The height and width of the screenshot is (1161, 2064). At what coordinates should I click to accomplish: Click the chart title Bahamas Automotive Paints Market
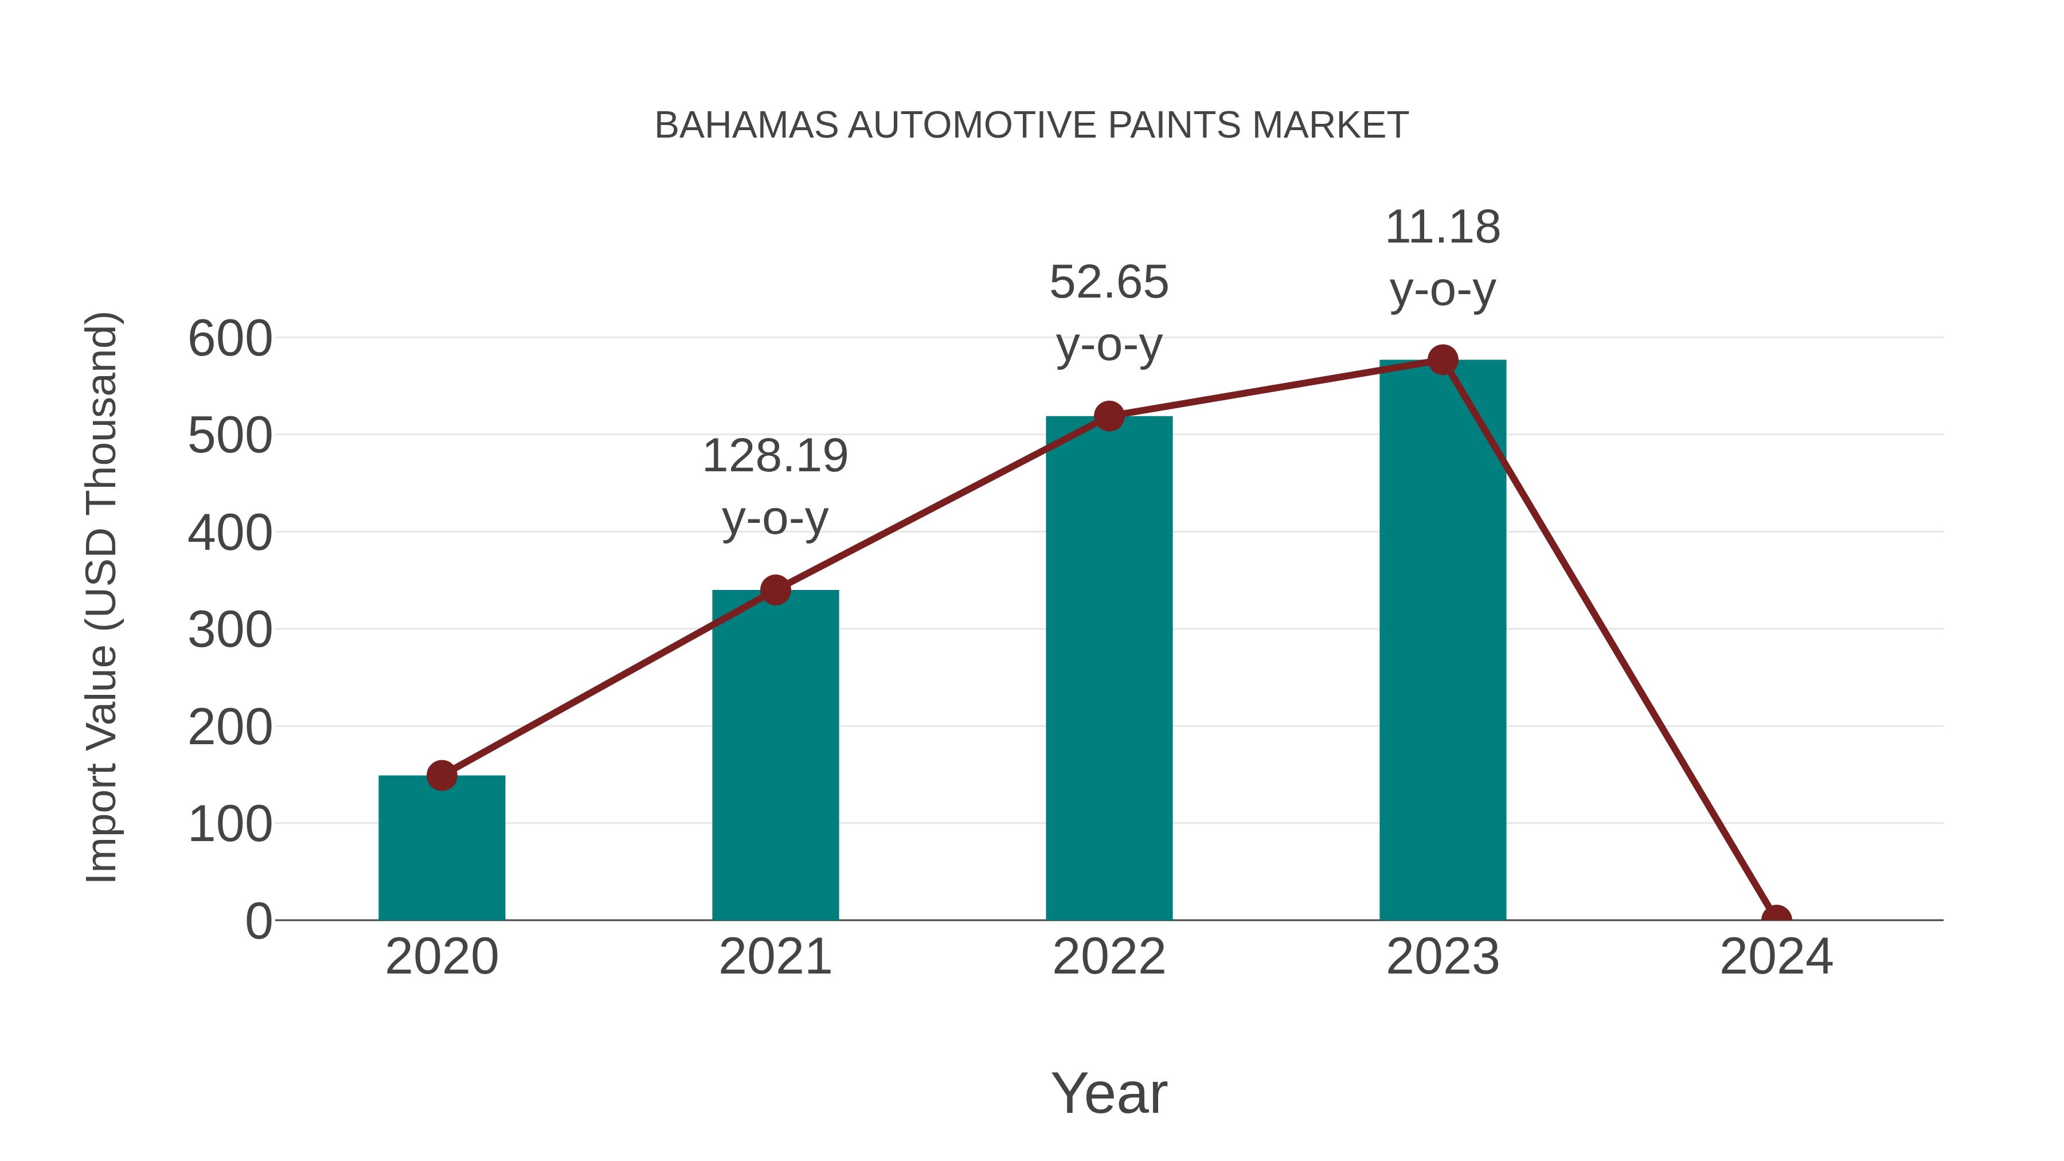pos(1031,125)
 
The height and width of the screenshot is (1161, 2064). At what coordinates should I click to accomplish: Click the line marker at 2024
pos(1776,918)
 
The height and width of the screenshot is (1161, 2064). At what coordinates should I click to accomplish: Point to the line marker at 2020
pos(441,775)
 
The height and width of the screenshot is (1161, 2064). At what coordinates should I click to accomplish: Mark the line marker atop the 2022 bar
pos(1109,416)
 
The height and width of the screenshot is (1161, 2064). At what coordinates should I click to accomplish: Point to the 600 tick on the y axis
pos(230,338)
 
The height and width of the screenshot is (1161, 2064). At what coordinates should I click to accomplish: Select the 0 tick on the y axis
pos(259,921)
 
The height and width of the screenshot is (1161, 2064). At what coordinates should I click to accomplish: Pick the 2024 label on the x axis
pos(1776,957)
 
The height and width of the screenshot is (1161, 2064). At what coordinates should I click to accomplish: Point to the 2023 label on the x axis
pos(1443,957)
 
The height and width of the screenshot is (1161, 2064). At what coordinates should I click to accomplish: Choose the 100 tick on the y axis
pos(230,824)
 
